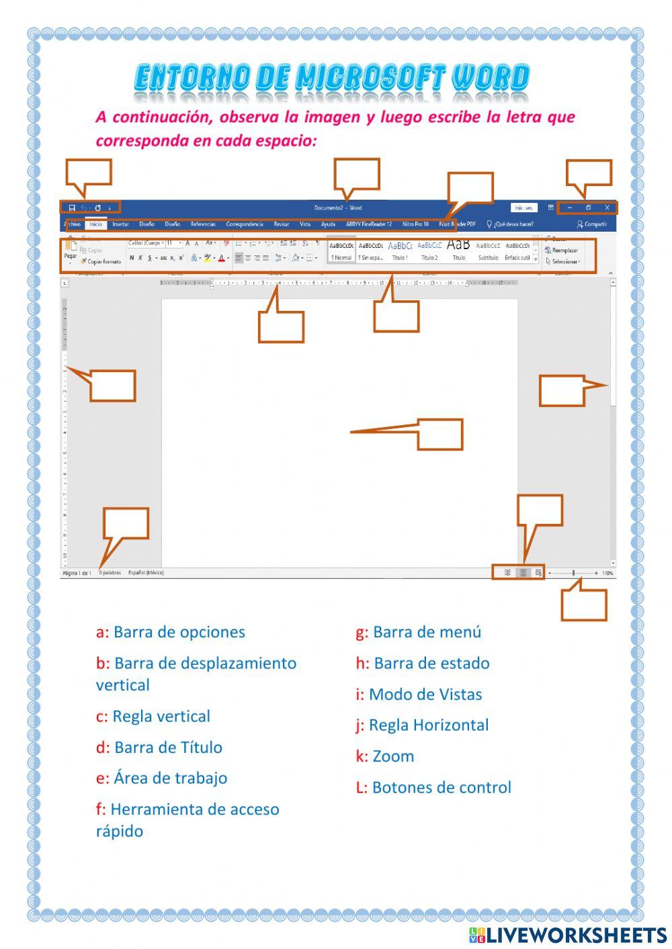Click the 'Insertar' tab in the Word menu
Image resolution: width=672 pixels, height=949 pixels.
[x=120, y=224]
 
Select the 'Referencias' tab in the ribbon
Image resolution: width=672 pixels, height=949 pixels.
[x=203, y=224]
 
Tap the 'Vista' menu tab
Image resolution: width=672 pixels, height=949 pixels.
[x=305, y=224]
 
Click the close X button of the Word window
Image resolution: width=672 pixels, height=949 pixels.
[x=607, y=208]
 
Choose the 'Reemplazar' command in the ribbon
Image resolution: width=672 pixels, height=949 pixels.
[x=564, y=251]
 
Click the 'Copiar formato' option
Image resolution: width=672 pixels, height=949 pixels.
[x=104, y=262]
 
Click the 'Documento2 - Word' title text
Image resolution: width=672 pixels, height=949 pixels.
[x=338, y=208]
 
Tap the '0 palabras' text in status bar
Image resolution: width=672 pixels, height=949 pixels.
[x=110, y=573]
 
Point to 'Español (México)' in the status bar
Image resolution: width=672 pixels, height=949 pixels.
[x=146, y=573]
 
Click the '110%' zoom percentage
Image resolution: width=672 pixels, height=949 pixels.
[x=607, y=574]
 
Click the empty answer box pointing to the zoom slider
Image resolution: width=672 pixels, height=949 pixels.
[x=583, y=605]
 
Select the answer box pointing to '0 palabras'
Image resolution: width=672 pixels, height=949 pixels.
[x=126, y=523]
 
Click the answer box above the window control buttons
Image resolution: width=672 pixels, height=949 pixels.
[x=589, y=172]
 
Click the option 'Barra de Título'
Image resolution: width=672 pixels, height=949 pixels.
[x=168, y=748]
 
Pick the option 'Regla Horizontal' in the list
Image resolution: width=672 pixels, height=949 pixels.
[x=429, y=725]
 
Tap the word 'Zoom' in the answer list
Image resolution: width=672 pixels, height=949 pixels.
[x=393, y=756]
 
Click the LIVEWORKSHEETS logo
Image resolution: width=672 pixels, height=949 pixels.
[x=568, y=935]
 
